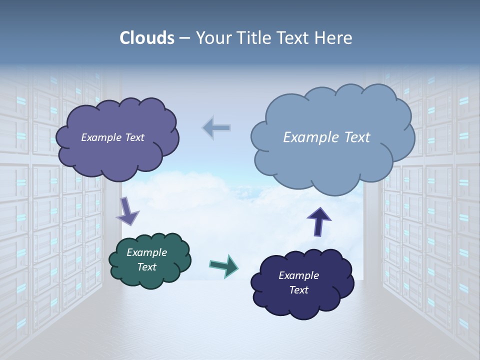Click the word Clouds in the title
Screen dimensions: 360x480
point(146,38)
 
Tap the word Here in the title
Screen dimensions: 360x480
point(334,38)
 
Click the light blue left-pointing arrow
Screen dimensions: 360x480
point(216,128)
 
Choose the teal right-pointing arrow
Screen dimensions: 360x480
point(223,265)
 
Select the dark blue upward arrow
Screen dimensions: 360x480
point(319,221)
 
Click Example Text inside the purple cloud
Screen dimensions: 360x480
point(112,137)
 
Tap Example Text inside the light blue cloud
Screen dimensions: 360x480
point(326,137)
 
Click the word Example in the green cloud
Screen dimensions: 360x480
point(146,252)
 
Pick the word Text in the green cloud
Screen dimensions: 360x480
point(146,267)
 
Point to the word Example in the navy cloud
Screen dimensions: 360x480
point(298,275)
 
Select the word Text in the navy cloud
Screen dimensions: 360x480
point(298,290)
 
